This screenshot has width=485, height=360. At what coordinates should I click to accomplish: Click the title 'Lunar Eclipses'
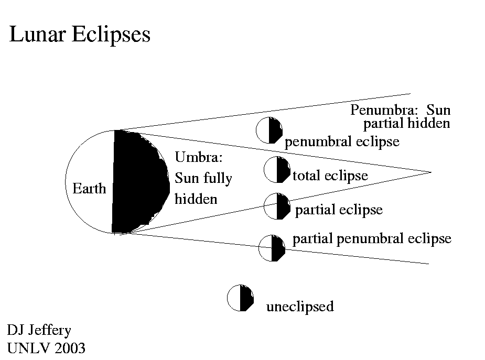click(80, 35)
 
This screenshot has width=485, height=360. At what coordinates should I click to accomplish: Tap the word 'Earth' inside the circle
click(89, 189)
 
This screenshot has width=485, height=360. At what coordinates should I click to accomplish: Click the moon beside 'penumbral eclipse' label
click(270, 130)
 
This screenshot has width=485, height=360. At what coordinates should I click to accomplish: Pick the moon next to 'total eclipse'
click(277, 170)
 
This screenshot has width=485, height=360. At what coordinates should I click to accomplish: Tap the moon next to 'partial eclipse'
click(277, 206)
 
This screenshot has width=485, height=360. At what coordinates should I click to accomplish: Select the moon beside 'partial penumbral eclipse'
click(273, 248)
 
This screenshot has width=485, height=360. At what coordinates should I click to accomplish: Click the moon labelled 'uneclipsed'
click(241, 298)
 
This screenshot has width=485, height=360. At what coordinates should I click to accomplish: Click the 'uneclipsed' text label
click(299, 306)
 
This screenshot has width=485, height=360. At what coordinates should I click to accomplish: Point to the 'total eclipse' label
click(330, 176)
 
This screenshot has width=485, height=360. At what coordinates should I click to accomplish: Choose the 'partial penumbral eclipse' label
click(371, 239)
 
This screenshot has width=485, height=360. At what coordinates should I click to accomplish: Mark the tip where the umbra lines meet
click(430, 172)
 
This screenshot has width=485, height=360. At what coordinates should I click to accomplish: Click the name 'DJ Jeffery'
click(38, 330)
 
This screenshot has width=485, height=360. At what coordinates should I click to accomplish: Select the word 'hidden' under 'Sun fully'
click(196, 199)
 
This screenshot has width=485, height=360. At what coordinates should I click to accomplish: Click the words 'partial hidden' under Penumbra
click(407, 124)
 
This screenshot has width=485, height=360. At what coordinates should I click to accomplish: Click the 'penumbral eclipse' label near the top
click(342, 142)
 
